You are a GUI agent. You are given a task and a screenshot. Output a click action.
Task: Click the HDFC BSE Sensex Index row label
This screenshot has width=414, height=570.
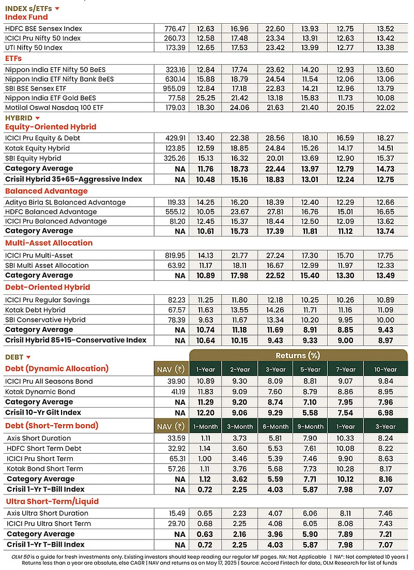pos(43,29)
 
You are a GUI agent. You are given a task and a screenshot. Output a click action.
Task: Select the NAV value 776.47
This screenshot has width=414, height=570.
pos(175,29)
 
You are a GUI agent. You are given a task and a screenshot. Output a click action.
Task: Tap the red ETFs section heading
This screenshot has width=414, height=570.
pos(13,58)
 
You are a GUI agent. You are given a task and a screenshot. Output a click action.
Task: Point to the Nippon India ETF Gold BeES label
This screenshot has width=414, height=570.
pos(51,98)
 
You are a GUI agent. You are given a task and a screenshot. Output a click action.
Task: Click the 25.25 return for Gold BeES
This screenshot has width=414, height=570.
pos(206,98)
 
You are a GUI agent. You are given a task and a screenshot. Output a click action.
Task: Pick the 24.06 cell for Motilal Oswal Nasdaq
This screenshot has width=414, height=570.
pos(239,108)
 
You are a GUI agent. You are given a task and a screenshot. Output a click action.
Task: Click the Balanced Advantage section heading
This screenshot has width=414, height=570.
pos(47,191)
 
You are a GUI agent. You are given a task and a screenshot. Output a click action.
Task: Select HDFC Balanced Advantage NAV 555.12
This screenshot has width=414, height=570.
pos(175,212)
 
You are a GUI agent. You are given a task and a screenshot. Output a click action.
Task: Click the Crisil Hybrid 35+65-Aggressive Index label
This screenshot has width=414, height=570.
pos(74,179)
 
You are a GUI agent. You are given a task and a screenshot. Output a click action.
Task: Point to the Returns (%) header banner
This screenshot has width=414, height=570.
pos(298,355)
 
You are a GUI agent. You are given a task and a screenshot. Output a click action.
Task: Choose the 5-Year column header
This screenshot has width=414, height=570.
pos(310,370)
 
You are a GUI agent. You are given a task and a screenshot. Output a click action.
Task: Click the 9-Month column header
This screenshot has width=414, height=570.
pos(310,427)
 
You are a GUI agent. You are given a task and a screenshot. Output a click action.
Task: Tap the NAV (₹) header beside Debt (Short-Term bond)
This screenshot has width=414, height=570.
pos(171,426)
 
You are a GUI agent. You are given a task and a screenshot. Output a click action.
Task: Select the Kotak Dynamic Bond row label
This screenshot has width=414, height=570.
pos(40,392)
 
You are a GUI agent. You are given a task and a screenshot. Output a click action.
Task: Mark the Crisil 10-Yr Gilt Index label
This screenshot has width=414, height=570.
pos(43,413)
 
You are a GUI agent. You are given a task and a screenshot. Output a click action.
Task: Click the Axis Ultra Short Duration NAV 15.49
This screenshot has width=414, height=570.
pos(177,514)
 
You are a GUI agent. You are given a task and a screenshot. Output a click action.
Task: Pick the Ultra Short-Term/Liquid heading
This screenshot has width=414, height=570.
pos(52,502)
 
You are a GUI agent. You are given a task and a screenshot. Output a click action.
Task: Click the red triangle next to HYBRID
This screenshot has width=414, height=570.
pos(37,118)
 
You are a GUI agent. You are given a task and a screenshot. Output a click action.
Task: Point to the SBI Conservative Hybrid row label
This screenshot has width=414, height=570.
pos(45,320)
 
